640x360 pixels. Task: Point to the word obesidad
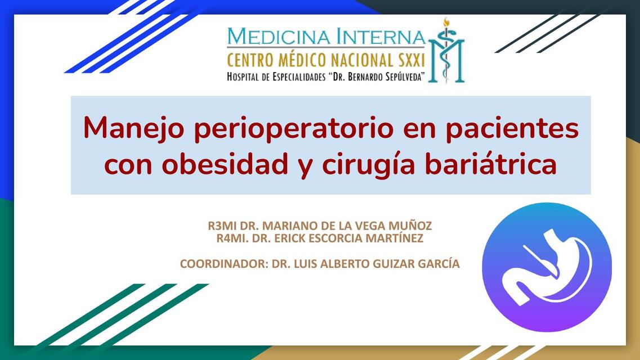225,164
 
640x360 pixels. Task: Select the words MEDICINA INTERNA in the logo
326,37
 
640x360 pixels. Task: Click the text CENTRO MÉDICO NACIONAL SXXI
326,61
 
